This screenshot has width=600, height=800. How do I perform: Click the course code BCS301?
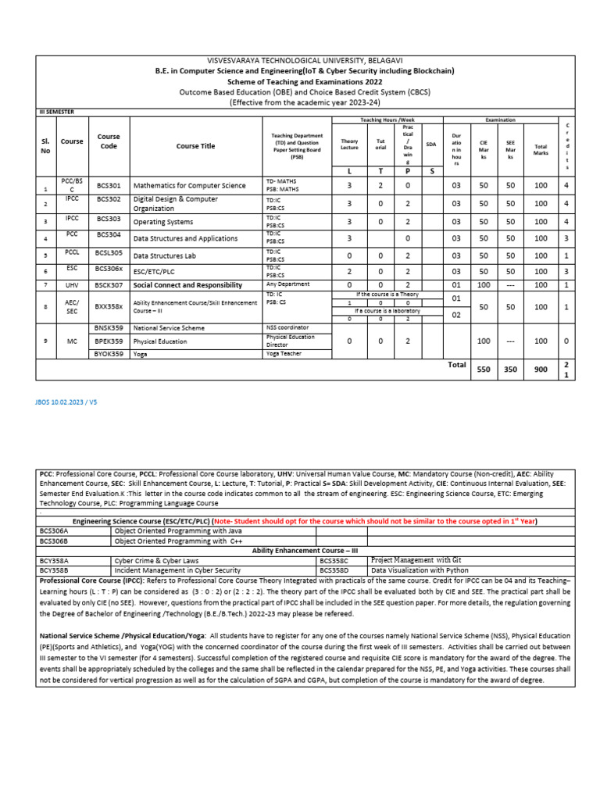coord(109,186)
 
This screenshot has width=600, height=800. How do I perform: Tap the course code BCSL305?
coord(109,254)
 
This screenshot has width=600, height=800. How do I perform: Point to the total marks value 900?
coord(541,370)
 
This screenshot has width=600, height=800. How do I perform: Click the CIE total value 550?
coord(483,370)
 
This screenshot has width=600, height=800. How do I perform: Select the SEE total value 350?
coord(511,370)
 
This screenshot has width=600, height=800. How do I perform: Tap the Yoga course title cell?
coord(141,353)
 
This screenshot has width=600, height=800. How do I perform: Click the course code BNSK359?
coord(109,327)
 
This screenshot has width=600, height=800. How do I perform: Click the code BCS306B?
coord(55,540)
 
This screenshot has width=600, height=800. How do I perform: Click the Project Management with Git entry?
coord(416,560)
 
